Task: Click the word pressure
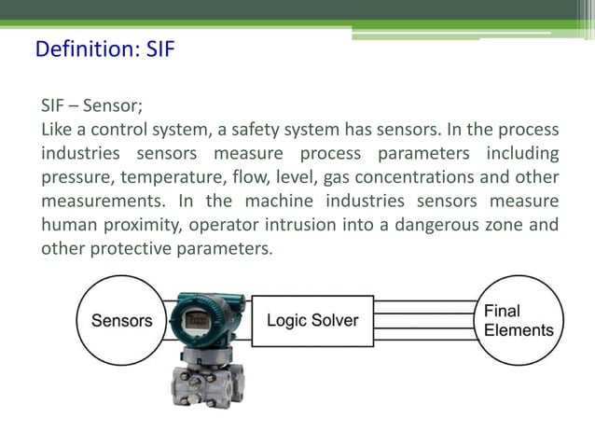(73, 177)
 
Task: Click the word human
(68, 226)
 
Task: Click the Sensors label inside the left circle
(121, 321)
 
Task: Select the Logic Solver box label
(312, 320)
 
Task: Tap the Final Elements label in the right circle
(519, 320)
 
